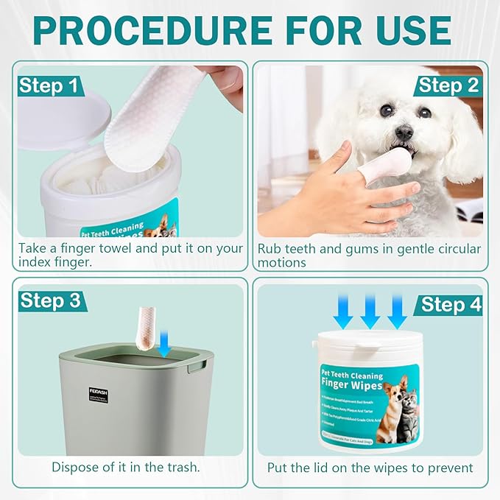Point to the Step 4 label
coord(451,305)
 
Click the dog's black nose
coord(404,133)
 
